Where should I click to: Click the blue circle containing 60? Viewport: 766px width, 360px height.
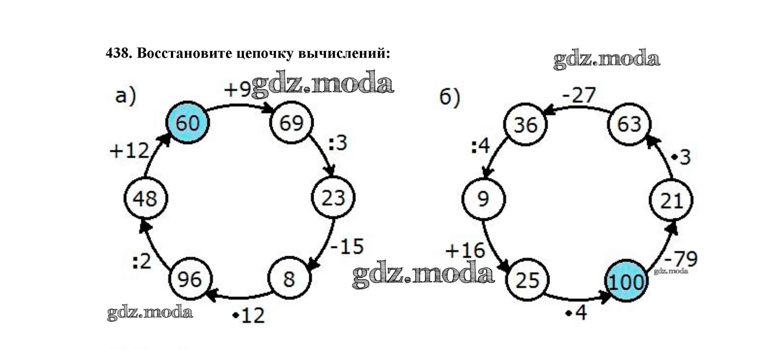pyautogui.click(x=187, y=122)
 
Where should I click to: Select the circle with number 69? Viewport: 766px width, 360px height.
pyautogui.click(x=291, y=122)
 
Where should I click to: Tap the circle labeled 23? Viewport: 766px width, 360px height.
pyautogui.click(x=333, y=198)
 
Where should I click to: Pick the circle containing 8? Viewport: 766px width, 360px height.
pyautogui.click(x=289, y=278)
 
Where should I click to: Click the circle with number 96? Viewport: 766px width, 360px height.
pyautogui.click(x=190, y=279)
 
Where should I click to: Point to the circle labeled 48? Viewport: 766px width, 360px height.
pyautogui.click(x=145, y=198)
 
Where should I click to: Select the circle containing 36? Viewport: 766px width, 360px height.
pyautogui.click(x=525, y=125)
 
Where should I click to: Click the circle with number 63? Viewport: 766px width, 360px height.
pyautogui.click(x=629, y=124)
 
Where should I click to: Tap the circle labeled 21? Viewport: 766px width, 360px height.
pyautogui.click(x=671, y=200)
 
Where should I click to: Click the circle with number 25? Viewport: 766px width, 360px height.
pyautogui.click(x=527, y=280)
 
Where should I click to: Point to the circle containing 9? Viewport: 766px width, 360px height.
pyautogui.click(x=483, y=199)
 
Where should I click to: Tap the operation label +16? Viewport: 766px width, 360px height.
pyautogui.click(x=465, y=250)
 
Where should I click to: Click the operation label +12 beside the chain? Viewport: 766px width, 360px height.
pyautogui.click(x=130, y=151)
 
